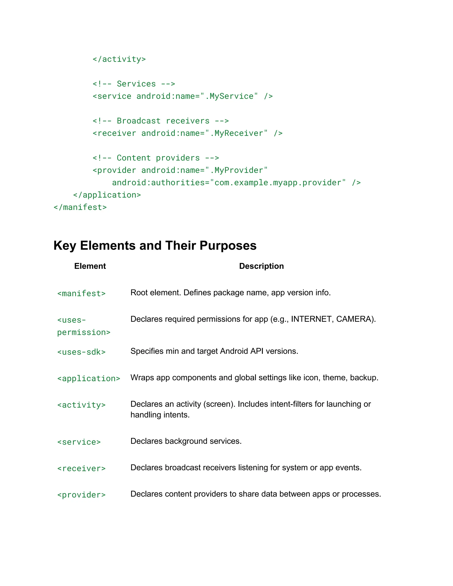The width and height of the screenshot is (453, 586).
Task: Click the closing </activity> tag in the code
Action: [119, 59]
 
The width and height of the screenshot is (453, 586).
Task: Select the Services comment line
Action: [134, 84]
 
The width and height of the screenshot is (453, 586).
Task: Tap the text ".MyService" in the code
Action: [229, 96]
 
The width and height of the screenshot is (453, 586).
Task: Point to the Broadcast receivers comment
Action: [161, 121]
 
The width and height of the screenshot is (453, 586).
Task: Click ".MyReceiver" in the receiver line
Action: [236, 133]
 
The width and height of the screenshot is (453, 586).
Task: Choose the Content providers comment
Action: [156, 158]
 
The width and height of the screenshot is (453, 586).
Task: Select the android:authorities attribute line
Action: [236, 183]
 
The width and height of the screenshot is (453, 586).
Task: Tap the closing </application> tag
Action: [107, 195]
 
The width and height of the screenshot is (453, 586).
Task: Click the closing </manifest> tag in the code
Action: [80, 207]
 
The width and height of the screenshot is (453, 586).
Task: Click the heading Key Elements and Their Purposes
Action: [155, 245]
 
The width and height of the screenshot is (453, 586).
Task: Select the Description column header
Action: [261, 266]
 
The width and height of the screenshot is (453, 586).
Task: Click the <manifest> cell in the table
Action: [81, 293]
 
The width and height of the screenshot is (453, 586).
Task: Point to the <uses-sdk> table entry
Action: [81, 352]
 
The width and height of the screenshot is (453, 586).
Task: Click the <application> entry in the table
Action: [88, 379]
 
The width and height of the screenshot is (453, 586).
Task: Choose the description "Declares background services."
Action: [186, 441]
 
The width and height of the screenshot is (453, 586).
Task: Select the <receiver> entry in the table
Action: [81, 469]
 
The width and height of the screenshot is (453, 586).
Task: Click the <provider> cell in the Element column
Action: [81, 495]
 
